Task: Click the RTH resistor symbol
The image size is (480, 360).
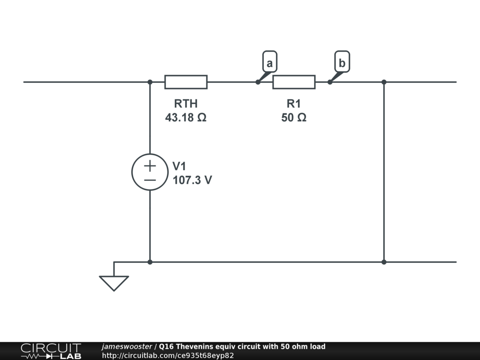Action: point(186,82)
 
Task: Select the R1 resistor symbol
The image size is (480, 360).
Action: point(294,82)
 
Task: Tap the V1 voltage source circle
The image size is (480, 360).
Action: point(150,172)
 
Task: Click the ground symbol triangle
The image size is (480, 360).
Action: point(114,283)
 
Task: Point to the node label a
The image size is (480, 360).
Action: point(270,63)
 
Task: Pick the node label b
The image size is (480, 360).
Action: point(342,62)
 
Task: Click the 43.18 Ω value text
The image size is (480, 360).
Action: point(186,118)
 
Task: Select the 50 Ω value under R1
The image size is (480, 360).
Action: point(294,118)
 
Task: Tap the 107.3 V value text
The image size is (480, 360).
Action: point(192,180)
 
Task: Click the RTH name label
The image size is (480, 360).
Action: point(186,104)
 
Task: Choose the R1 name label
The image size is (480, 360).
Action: point(294,104)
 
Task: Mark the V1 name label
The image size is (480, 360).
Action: point(180,166)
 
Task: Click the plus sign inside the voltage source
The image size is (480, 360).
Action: point(150,165)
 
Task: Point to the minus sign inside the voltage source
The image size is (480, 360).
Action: point(150,180)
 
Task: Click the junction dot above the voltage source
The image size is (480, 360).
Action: point(150,82)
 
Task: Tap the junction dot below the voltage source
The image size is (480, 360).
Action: point(150,262)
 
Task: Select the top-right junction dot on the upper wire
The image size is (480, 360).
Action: point(384,82)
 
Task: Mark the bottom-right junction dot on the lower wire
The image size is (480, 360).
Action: point(384,262)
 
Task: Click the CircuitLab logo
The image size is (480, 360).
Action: point(51,351)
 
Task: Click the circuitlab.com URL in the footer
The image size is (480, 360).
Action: point(168,355)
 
